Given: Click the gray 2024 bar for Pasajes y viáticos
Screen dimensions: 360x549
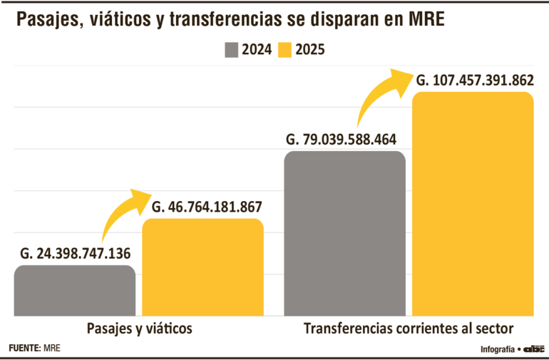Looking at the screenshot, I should point(75,290).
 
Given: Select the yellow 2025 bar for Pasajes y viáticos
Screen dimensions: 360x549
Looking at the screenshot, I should point(203,267).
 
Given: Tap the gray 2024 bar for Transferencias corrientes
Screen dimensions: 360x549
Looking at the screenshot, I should point(344,233).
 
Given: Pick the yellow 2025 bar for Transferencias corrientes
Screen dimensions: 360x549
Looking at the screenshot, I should point(473,204).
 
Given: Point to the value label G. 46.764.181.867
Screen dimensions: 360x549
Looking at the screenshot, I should point(207,207).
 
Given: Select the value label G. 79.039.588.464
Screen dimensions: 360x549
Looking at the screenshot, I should point(340,139).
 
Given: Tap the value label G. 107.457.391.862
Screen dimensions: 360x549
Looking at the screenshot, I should point(474,80).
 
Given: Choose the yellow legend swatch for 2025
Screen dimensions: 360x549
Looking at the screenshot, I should point(286,50).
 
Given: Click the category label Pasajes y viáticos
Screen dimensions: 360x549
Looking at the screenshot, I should point(140,329).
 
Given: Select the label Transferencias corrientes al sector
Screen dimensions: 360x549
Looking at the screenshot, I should point(409,329).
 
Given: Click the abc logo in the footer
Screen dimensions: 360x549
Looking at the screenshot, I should point(534,349).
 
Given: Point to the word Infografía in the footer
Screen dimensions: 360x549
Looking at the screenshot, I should point(498,349).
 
